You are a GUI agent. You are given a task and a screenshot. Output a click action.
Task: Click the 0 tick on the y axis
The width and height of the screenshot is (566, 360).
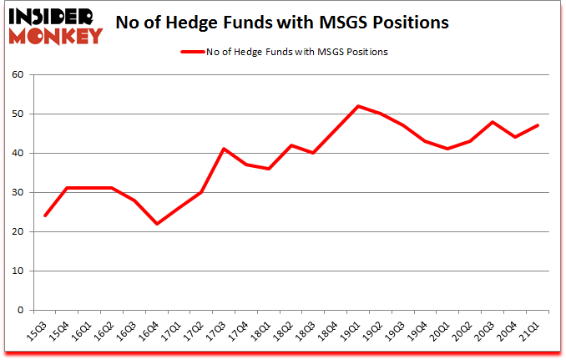tap(22, 310)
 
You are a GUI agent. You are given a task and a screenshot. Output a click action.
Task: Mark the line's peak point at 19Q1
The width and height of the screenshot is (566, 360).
tap(358, 106)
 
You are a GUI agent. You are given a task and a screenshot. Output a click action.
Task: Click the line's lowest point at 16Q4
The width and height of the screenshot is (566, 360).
tap(156, 224)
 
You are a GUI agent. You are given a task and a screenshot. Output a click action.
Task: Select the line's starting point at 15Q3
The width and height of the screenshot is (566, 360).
tap(44, 215)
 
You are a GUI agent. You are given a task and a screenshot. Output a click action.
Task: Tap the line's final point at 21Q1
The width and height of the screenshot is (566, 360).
tap(538, 125)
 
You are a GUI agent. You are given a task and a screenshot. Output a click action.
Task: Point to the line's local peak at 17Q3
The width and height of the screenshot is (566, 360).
tap(224, 149)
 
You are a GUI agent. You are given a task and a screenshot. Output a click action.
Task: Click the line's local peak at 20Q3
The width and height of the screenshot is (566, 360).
tap(493, 122)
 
